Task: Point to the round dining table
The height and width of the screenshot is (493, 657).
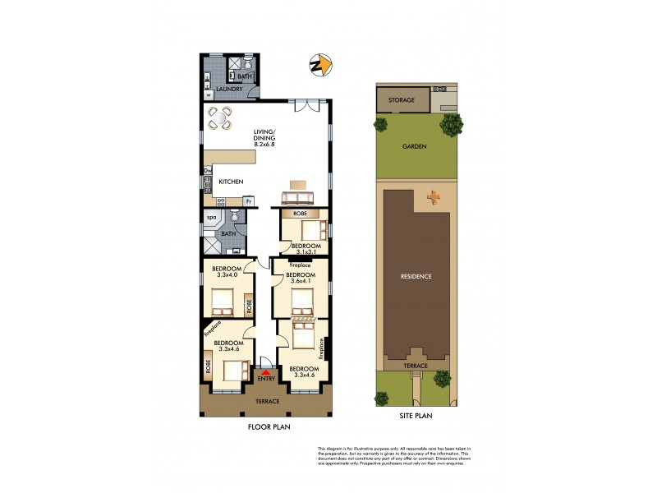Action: tap(220, 119)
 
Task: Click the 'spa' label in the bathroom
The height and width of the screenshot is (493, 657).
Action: tap(211, 218)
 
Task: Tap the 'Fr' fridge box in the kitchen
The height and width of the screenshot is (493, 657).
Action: tap(247, 201)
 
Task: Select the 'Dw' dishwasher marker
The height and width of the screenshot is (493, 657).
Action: tap(207, 171)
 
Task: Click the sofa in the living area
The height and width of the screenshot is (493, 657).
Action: tap(297, 198)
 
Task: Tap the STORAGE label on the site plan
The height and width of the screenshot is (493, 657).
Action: tap(402, 99)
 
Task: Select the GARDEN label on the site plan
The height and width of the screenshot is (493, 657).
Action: tap(414, 146)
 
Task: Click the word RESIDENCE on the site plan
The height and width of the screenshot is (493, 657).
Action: tap(415, 276)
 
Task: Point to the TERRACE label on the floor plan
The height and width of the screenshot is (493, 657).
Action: tap(266, 401)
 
